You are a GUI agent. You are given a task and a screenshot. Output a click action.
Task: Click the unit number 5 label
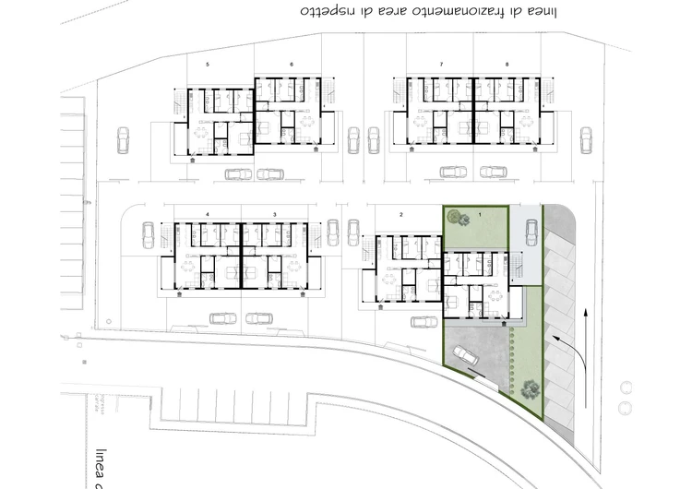(x=208, y=64)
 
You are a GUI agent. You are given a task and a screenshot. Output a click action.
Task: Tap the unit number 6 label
(x=292, y=64)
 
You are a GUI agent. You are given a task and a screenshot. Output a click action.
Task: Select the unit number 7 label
(x=442, y=64)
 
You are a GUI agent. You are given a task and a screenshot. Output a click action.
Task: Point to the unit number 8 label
(x=507, y=64)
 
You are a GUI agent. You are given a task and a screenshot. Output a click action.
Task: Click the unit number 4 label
(x=208, y=214)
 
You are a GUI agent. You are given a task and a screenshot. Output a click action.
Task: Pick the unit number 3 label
(x=274, y=214)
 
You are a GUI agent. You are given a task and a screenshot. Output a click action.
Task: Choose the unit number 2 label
(x=401, y=214)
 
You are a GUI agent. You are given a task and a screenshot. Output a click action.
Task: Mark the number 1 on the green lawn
(x=479, y=214)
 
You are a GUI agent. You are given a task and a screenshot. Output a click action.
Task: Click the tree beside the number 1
(x=454, y=218)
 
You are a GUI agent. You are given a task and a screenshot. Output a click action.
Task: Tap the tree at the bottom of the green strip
(x=529, y=388)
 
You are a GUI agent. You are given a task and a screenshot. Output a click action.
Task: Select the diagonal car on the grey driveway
(x=463, y=355)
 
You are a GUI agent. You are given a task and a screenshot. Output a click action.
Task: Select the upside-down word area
(x=394, y=12)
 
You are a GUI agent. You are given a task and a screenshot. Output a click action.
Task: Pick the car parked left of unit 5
(x=124, y=139)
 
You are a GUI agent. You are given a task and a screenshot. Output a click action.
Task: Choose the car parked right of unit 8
(x=585, y=139)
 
